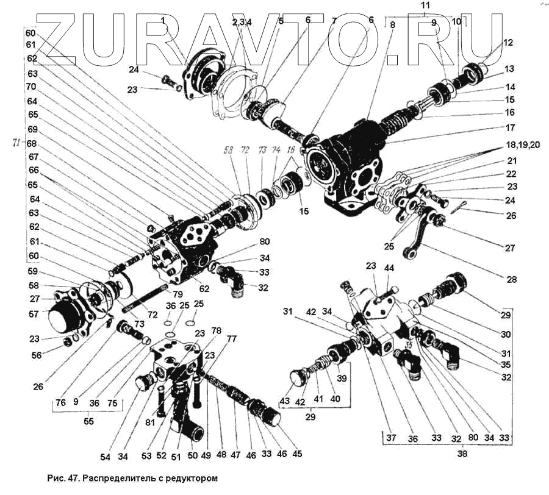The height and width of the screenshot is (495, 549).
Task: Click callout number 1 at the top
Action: tap(163, 21)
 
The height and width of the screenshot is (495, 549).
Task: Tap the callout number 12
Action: tap(508, 43)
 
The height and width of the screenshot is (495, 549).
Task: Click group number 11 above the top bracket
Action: tap(426, 5)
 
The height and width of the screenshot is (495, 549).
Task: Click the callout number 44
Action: tap(389, 268)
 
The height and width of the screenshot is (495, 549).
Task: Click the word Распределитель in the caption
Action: tap(113, 479)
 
